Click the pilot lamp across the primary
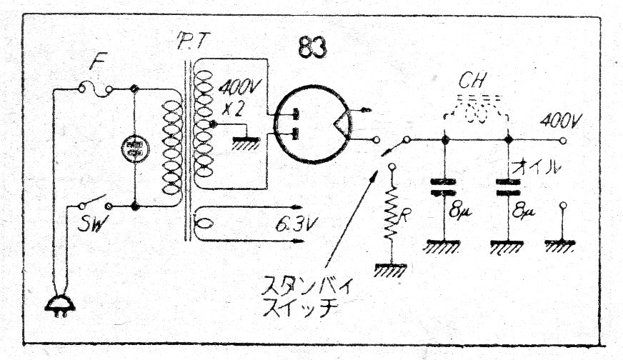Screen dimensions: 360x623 134,149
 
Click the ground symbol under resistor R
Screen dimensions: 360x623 391,270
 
